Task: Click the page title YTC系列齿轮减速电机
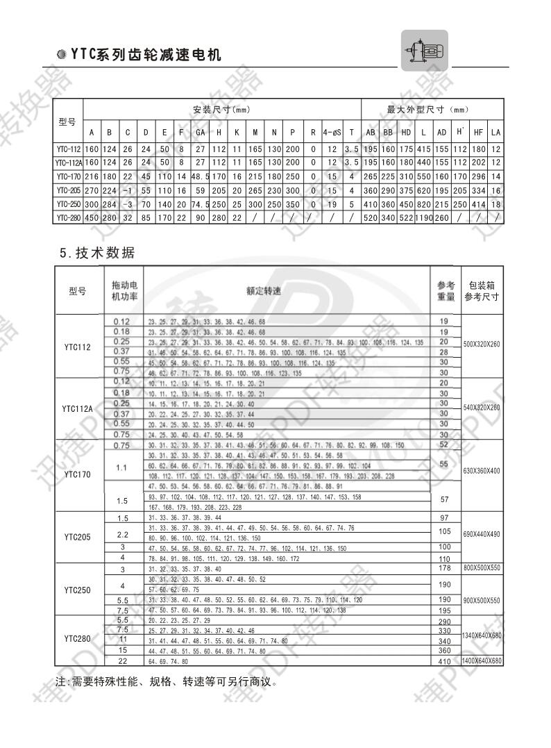[x=145, y=55]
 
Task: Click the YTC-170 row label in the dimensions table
[x=69, y=176]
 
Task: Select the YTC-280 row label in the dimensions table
[x=69, y=218]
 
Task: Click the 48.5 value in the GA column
[x=200, y=176]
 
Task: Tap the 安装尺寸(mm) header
[x=221, y=110]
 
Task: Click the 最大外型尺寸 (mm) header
[x=432, y=110]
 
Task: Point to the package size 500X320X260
[x=482, y=344]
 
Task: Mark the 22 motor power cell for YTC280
[x=123, y=660]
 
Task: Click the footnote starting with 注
[x=167, y=681]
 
